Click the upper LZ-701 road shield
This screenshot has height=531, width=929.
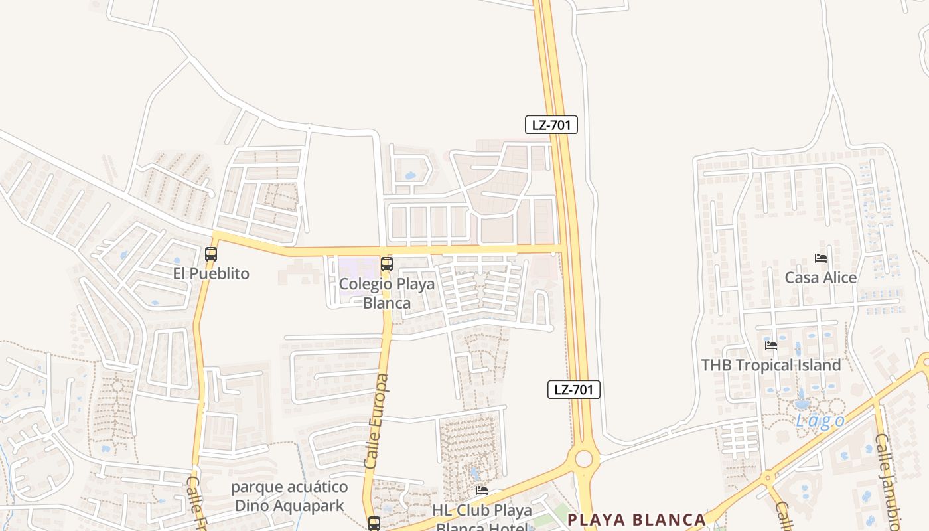click(551, 125)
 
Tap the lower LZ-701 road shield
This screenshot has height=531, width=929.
click(573, 390)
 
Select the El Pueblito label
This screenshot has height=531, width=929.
click(211, 273)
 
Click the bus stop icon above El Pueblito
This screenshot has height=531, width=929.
click(211, 254)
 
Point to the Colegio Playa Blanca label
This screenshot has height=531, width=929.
click(387, 293)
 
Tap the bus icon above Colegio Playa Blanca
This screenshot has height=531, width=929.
click(387, 264)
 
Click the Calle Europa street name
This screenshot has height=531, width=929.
click(376, 421)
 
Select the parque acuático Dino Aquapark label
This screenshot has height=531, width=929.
click(289, 496)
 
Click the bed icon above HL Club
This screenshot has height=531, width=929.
click(482, 491)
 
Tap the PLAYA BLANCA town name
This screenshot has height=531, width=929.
click(636, 519)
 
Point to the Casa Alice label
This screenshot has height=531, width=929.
click(821, 277)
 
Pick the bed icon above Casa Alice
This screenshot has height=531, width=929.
click(821, 258)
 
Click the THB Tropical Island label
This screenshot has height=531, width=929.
click(771, 365)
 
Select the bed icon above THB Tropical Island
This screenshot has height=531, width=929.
click(771, 345)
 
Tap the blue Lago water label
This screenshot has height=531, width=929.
click(821, 421)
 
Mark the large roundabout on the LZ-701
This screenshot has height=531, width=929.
click(584, 459)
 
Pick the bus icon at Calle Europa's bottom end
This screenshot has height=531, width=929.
click(374, 523)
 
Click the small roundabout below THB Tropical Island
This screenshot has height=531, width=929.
click(768, 477)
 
